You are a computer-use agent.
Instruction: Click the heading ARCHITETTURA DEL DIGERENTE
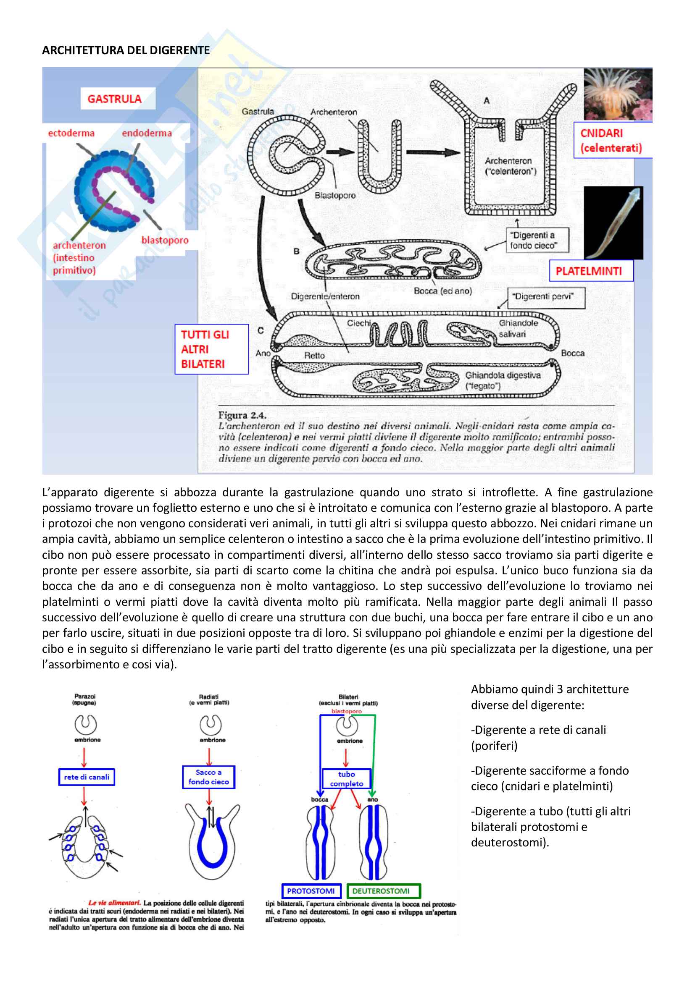(126, 50)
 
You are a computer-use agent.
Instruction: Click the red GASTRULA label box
(115, 99)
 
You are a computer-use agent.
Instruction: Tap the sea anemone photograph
(618, 94)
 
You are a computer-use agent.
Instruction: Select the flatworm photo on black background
(613, 223)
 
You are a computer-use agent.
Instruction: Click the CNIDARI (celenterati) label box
(612, 140)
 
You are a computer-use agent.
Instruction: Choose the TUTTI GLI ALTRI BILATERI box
(211, 349)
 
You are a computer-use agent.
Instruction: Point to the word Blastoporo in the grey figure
(335, 196)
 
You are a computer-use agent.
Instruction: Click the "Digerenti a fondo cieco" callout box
(537, 241)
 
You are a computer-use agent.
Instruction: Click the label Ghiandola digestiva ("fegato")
(503, 380)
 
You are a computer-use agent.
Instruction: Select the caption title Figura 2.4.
(242, 415)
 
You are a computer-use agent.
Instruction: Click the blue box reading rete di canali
(87, 777)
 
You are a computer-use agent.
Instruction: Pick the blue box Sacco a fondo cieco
(209, 777)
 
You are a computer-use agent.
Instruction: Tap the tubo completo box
(347, 779)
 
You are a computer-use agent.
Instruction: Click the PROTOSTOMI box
(311, 891)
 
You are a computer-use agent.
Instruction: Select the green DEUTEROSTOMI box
(384, 891)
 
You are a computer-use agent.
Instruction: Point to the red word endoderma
(147, 134)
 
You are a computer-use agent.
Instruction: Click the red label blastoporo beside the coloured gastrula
(165, 241)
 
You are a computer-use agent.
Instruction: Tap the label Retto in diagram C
(315, 356)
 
